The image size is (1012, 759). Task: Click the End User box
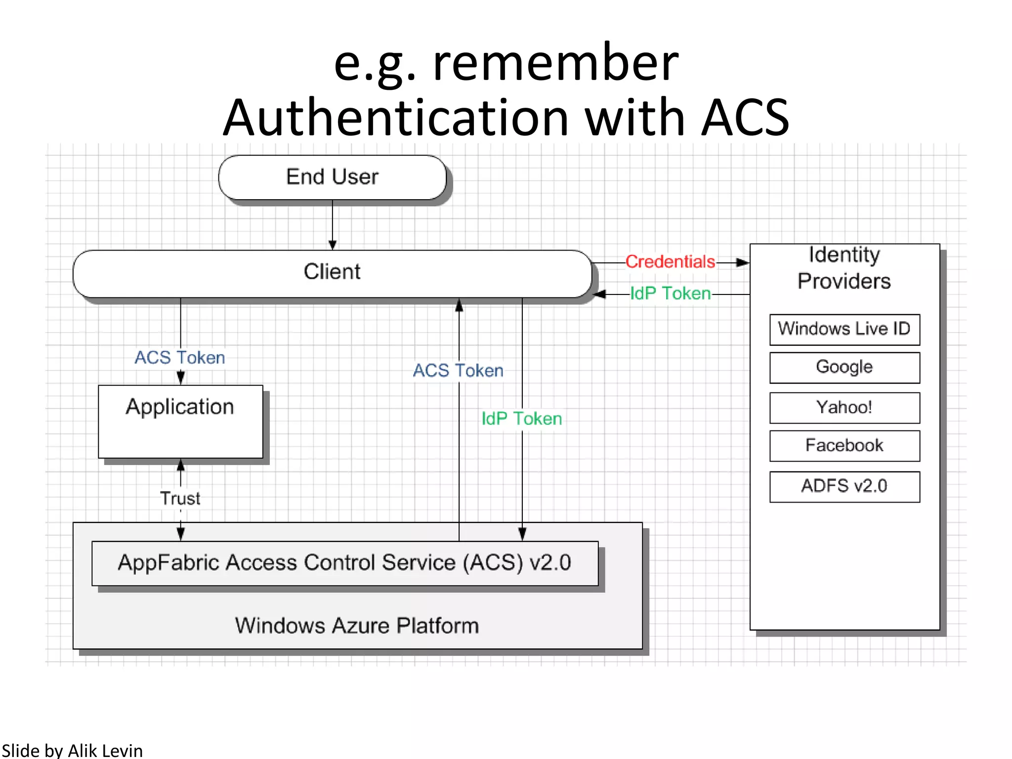(332, 177)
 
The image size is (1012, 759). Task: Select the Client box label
(332, 272)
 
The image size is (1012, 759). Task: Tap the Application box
(180, 421)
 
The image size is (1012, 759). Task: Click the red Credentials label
(670, 261)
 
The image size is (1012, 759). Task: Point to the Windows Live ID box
(844, 329)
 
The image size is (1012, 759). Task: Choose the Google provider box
(844, 367)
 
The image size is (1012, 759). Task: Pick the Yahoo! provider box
(844, 408)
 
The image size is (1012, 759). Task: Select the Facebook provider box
(844, 446)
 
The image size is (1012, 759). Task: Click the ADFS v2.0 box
(844, 486)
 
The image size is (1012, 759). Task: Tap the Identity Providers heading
(844, 268)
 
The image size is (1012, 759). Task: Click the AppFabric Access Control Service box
(344, 563)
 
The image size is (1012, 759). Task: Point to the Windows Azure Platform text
(357, 626)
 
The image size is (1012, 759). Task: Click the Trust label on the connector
(180, 498)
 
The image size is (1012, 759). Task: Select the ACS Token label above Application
(180, 357)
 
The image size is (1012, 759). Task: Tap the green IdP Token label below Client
(522, 419)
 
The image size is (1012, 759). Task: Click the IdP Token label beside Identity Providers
(670, 294)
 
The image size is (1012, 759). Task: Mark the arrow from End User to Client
(333, 225)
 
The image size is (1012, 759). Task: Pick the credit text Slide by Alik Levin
(72, 750)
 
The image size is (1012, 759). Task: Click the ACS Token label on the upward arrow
(458, 370)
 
